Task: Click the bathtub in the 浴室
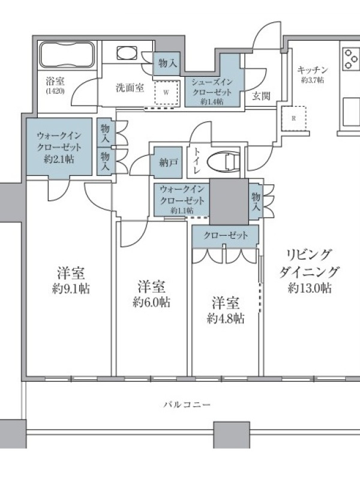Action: pyautogui.click(x=67, y=55)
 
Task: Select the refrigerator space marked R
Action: pyautogui.click(x=293, y=118)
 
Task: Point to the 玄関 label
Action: pyautogui.click(x=261, y=96)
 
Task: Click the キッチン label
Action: pyautogui.click(x=313, y=70)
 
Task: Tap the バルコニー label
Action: pyautogui.click(x=187, y=404)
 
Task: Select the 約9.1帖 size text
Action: pyautogui.click(x=71, y=289)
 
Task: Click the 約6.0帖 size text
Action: pyautogui.click(x=152, y=302)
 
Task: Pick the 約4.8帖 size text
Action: pyautogui.click(x=226, y=319)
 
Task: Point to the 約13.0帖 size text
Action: pyautogui.click(x=310, y=288)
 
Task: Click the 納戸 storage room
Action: pyautogui.click(x=168, y=163)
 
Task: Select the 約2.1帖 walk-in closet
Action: pyautogui.click(x=59, y=147)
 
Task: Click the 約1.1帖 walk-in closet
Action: pyautogui.click(x=182, y=200)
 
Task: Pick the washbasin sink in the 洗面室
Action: pyautogui.click(x=126, y=52)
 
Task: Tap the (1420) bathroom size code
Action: pyautogui.click(x=55, y=91)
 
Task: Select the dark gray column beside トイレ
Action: pyautogui.click(x=229, y=202)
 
